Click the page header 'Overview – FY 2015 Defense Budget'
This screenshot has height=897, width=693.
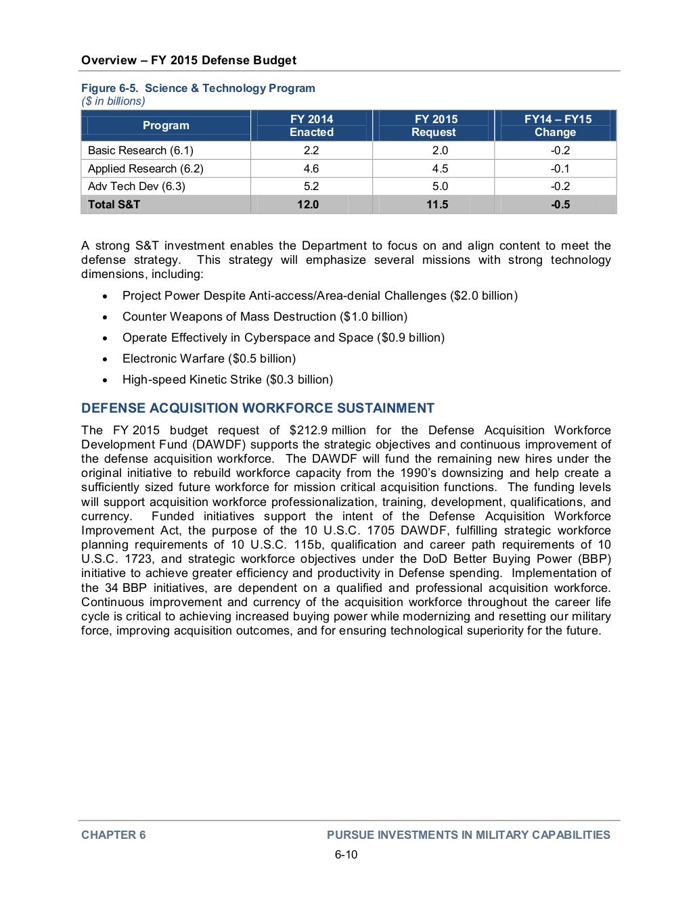[188, 60]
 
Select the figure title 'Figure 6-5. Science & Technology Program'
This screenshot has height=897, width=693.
[198, 88]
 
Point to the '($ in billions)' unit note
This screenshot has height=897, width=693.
[113, 101]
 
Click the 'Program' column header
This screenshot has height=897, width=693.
[166, 125]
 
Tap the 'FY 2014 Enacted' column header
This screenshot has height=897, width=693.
[311, 126]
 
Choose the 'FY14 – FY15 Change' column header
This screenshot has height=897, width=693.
[557, 126]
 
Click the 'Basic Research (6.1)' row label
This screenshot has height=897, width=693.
[140, 150]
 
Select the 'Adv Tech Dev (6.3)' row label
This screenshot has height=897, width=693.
[136, 186]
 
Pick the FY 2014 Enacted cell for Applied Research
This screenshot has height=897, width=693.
[311, 168]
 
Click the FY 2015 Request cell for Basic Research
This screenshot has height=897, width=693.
[440, 150]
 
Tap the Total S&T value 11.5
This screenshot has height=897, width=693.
[437, 204]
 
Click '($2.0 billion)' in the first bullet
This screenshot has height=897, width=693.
[484, 296]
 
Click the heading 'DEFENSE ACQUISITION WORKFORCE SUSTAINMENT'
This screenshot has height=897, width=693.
[257, 408]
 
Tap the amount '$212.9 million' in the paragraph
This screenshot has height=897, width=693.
[327, 430]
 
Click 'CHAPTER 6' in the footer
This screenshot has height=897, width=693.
[113, 835]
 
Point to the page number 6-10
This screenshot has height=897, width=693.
[346, 854]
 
